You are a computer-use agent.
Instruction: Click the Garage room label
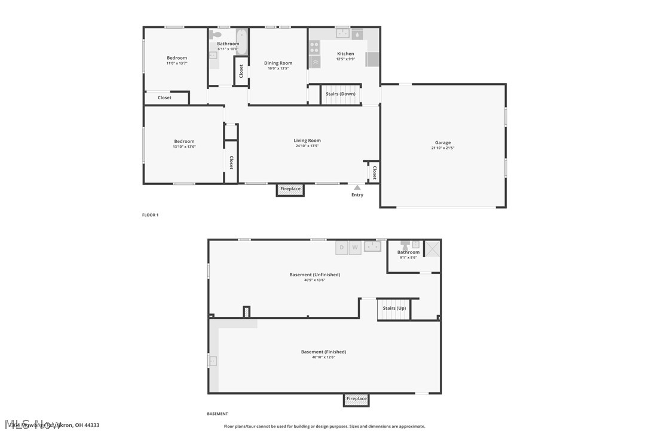(x=443, y=142)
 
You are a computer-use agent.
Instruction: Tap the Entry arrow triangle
(x=357, y=188)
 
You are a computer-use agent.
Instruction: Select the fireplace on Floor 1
(x=290, y=190)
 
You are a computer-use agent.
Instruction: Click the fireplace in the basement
(x=356, y=399)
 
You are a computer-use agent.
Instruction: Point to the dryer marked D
(x=342, y=247)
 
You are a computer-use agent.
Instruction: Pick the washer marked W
(x=355, y=247)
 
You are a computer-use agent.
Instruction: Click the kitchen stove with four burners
(x=314, y=47)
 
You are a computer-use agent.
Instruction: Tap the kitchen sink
(x=342, y=33)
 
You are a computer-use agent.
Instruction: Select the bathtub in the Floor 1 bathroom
(x=241, y=41)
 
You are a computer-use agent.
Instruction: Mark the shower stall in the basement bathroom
(x=431, y=248)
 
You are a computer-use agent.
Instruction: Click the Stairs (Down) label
(x=341, y=94)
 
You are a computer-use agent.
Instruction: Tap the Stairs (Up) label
(x=394, y=308)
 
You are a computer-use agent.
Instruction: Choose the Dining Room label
(x=278, y=63)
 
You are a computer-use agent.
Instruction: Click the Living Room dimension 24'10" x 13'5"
(x=307, y=146)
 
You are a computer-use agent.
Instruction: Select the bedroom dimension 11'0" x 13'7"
(x=177, y=63)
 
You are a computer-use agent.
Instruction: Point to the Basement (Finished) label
(x=323, y=352)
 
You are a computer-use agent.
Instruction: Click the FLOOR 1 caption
(x=150, y=215)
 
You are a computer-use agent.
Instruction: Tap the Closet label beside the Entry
(x=374, y=173)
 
